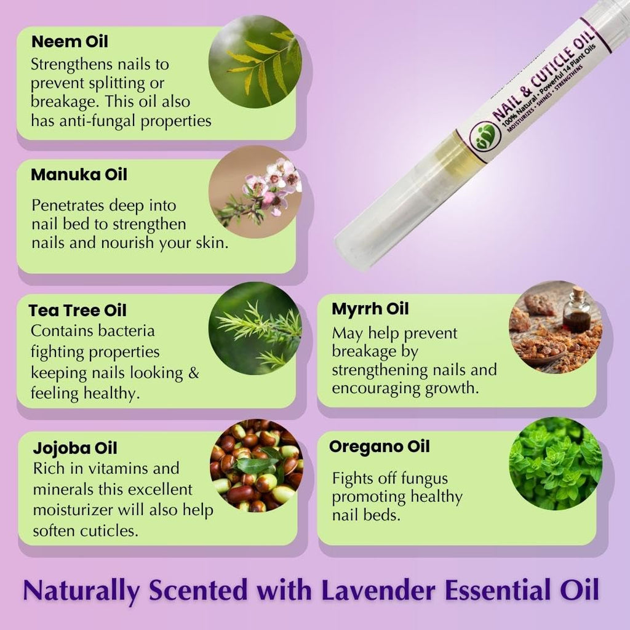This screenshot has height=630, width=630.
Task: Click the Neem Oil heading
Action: coord(70,42)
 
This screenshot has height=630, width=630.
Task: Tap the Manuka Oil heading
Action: coord(79,175)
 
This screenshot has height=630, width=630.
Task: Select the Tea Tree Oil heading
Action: coord(78,310)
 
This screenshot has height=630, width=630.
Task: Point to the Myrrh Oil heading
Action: coord(370,309)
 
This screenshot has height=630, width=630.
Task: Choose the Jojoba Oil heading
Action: coord(75,449)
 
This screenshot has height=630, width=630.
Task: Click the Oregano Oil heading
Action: coord(379,447)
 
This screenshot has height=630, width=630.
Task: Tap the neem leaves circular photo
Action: coord(255,62)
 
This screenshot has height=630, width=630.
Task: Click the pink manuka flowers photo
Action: coord(255,192)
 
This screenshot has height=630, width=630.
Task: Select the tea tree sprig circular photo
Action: coord(255,329)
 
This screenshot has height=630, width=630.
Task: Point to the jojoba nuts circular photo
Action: coord(257,466)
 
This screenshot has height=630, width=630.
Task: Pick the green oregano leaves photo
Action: coord(556,464)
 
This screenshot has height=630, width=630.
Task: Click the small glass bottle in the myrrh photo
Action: coord(577,309)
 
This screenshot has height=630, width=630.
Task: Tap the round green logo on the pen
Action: coord(485,137)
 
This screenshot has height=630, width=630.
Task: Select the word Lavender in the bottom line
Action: coord(378,590)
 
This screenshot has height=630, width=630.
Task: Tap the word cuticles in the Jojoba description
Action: coord(109,531)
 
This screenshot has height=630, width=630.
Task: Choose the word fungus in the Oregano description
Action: coord(425,479)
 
